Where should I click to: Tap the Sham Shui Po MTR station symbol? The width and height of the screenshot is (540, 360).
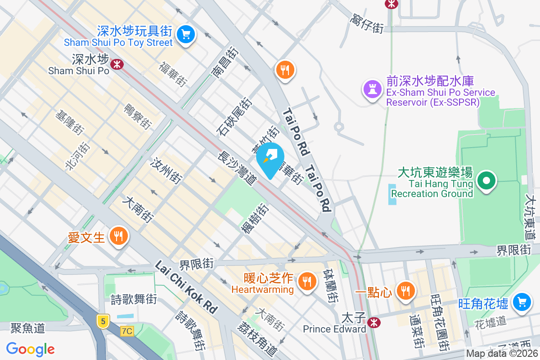(117, 64)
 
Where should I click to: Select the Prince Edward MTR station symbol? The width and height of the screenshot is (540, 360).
(373, 322)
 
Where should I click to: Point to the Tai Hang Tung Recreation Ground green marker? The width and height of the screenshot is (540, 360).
(486, 181)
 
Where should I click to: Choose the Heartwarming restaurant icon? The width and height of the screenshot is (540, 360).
(307, 282)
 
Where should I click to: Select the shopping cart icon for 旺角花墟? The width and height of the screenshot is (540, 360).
(522, 301)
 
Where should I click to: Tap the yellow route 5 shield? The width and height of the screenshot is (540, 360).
(103, 321)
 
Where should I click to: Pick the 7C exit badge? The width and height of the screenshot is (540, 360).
(127, 331)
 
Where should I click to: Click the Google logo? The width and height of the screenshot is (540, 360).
(31, 349)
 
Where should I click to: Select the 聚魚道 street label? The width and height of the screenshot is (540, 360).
(28, 328)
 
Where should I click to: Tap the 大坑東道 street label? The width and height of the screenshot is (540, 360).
(531, 216)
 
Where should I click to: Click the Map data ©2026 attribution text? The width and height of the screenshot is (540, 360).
(502, 354)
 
